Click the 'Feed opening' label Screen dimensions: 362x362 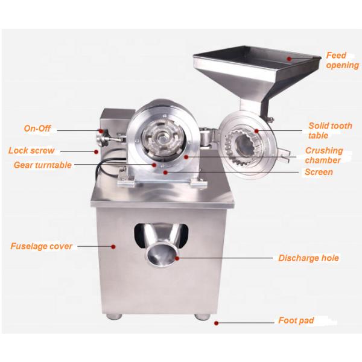coord(343,60)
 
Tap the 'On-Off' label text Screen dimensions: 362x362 coord(37,129)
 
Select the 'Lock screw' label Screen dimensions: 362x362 coord(31,150)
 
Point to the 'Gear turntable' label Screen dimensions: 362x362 coord(43,165)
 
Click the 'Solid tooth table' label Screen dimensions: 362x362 coord(330,130)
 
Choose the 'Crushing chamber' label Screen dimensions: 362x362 coord(323,155)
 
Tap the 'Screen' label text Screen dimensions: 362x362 coord(319,172)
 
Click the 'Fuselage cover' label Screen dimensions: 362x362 coord(41,246)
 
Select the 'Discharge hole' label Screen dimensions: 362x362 coord(308,258)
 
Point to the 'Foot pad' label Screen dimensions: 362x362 coord(296,320)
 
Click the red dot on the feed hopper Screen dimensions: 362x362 coord(289,59)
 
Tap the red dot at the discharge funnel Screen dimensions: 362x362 coord(177,258)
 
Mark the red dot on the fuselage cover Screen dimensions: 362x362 coord(113,247)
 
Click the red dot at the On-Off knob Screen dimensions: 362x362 coord(101,131)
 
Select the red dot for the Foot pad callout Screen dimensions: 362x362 coord(216,323)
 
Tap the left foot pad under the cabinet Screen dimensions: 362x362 coord(114,316)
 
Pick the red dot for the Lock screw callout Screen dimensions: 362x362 coord(96,151)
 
